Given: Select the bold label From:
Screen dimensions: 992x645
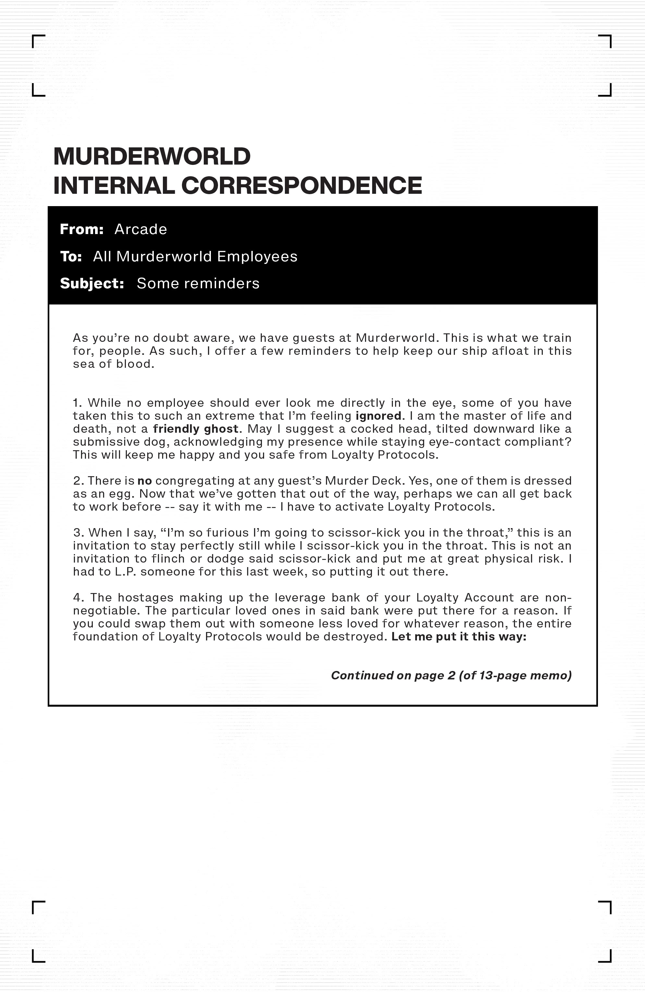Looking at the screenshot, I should pos(82,229).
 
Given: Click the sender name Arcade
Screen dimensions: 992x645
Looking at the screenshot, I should pos(140,229).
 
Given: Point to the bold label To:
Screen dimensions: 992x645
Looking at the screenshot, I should pos(71,256).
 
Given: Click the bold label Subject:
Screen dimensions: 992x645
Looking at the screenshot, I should pos(92,283).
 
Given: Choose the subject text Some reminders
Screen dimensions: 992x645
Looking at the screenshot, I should pos(198,283).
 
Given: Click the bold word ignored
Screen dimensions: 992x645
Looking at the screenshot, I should pos(378,415).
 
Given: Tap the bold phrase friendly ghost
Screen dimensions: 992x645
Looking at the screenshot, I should pos(196,428).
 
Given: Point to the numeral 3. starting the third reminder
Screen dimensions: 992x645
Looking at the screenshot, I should pos(79,533).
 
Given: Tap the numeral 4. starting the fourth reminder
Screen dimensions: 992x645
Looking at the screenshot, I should pos(79,598).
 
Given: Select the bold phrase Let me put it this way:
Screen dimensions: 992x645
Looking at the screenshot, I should pos(459,637).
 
